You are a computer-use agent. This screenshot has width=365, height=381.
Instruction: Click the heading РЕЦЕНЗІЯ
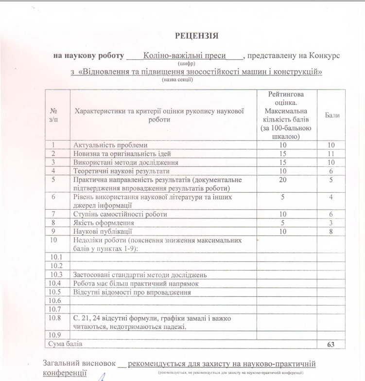pyautogui.click(x=196, y=36)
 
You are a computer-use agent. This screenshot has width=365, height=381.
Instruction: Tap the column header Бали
pyautogui.click(x=332, y=115)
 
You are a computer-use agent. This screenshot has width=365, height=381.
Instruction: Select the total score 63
pyautogui.click(x=331, y=344)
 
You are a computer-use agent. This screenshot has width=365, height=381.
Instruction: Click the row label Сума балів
pyautogui.click(x=64, y=344)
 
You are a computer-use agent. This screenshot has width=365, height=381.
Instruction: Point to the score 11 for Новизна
pyautogui.click(x=331, y=154)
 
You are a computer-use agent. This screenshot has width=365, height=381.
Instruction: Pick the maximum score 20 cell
pyautogui.click(x=286, y=180)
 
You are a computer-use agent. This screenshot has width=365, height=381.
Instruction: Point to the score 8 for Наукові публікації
pyautogui.click(x=331, y=232)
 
